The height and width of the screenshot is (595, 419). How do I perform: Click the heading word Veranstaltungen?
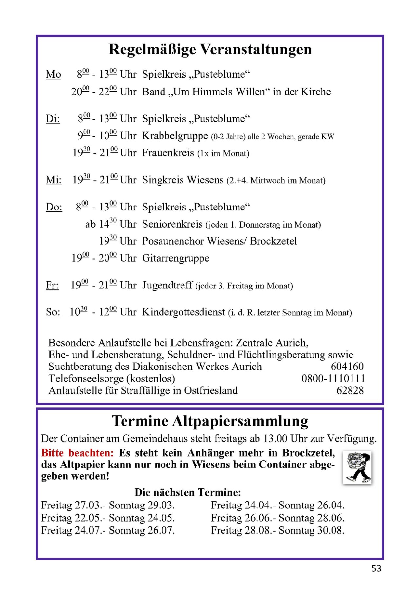(x=256, y=50)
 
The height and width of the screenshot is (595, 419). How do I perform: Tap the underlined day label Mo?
(x=53, y=75)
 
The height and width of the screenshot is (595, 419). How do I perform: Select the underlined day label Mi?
(x=54, y=180)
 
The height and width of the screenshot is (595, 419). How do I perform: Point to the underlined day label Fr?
(x=52, y=285)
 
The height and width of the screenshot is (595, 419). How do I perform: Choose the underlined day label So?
(x=53, y=312)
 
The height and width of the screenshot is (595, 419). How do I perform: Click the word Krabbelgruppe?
(x=175, y=136)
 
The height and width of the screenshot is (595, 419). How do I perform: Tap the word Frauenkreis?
(x=168, y=153)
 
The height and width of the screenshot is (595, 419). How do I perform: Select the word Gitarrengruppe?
(x=176, y=258)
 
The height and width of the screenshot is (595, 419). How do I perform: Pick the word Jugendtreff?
(x=167, y=285)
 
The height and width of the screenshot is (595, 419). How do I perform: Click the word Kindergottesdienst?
(x=183, y=312)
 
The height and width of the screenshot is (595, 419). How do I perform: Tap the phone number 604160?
(x=347, y=367)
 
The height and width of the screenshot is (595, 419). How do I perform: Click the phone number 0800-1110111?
(x=333, y=379)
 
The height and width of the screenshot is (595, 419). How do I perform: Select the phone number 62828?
(x=350, y=391)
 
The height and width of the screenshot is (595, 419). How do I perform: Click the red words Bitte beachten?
(x=77, y=453)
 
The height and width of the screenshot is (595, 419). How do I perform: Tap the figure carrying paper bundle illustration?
(x=357, y=467)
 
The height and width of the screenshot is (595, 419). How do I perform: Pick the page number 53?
(x=376, y=569)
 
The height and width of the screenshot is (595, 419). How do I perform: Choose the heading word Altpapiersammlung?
(x=240, y=422)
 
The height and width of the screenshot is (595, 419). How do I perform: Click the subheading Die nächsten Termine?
(x=188, y=492)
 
